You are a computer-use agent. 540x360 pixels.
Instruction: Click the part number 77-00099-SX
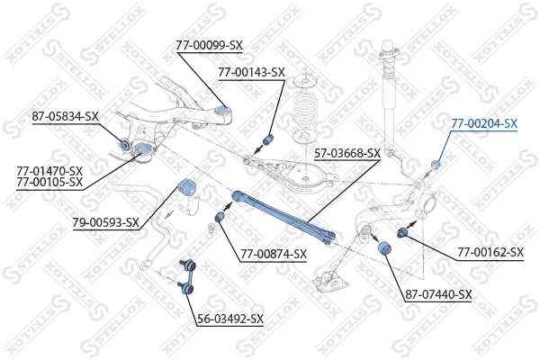[x=210, y=44]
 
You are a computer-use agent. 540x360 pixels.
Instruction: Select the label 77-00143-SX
[x=251, y=72]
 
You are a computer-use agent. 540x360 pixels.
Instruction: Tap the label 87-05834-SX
[x=65, y=116]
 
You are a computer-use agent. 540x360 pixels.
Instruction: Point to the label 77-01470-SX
[x=49, y=170]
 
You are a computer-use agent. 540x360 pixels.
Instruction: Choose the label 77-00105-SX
[x=49, y=182]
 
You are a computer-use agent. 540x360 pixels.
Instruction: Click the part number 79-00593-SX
[x=106, y=222]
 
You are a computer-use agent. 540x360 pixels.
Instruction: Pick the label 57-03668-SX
[x=347, y=154]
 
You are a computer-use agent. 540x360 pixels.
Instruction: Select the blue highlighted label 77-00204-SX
[x=484, y=123]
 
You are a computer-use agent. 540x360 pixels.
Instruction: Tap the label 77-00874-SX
[x=274, y=254]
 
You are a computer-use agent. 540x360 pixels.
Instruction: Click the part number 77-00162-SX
[x=490, y=253]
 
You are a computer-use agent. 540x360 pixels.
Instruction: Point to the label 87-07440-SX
[x=438, y=294]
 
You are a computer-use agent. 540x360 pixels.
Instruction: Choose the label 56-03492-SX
[x=230, y=319]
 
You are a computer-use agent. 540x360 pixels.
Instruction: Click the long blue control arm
[x=283, y=216]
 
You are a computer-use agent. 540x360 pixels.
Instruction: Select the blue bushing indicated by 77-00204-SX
[x=436, y=163]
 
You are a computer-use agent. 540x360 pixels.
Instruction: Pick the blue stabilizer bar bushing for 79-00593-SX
[x=188, y=188]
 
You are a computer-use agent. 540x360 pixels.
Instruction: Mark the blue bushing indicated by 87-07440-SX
[x=387, y=247]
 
